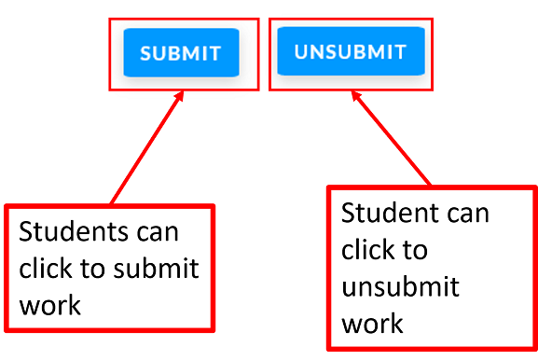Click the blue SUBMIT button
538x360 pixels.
tap(181, 52)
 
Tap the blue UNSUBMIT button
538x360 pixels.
tap(351, 51)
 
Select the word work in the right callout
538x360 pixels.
tap(372, 323)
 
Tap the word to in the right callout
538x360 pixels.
tap(417, 250)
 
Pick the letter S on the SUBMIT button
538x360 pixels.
tap(146, 53)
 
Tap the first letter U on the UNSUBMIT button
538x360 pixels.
tap(301, 52)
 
